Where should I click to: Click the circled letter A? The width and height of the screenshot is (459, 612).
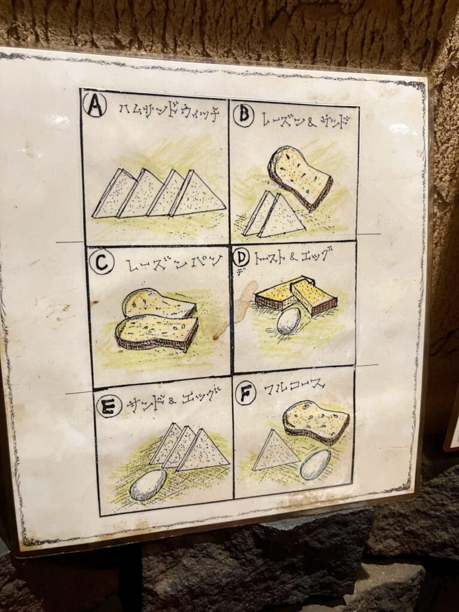(x=95, y=105)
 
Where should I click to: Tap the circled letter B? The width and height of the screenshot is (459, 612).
(x=244, y=114)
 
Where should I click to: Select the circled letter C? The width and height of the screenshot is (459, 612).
(x=102, y=262)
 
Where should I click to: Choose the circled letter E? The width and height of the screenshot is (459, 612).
(x=109, y=406)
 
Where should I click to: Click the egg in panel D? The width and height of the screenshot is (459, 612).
(x=289, y=321)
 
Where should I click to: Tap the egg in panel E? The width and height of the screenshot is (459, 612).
(x=148, y=485)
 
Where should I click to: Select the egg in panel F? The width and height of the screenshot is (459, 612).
(x=316, y=464)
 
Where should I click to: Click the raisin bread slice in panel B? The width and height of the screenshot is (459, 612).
(x=300, y=178)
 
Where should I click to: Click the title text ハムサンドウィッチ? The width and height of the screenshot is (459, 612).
(x=169, y=112)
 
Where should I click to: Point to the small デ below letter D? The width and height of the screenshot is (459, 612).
(x=238, y=273)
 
